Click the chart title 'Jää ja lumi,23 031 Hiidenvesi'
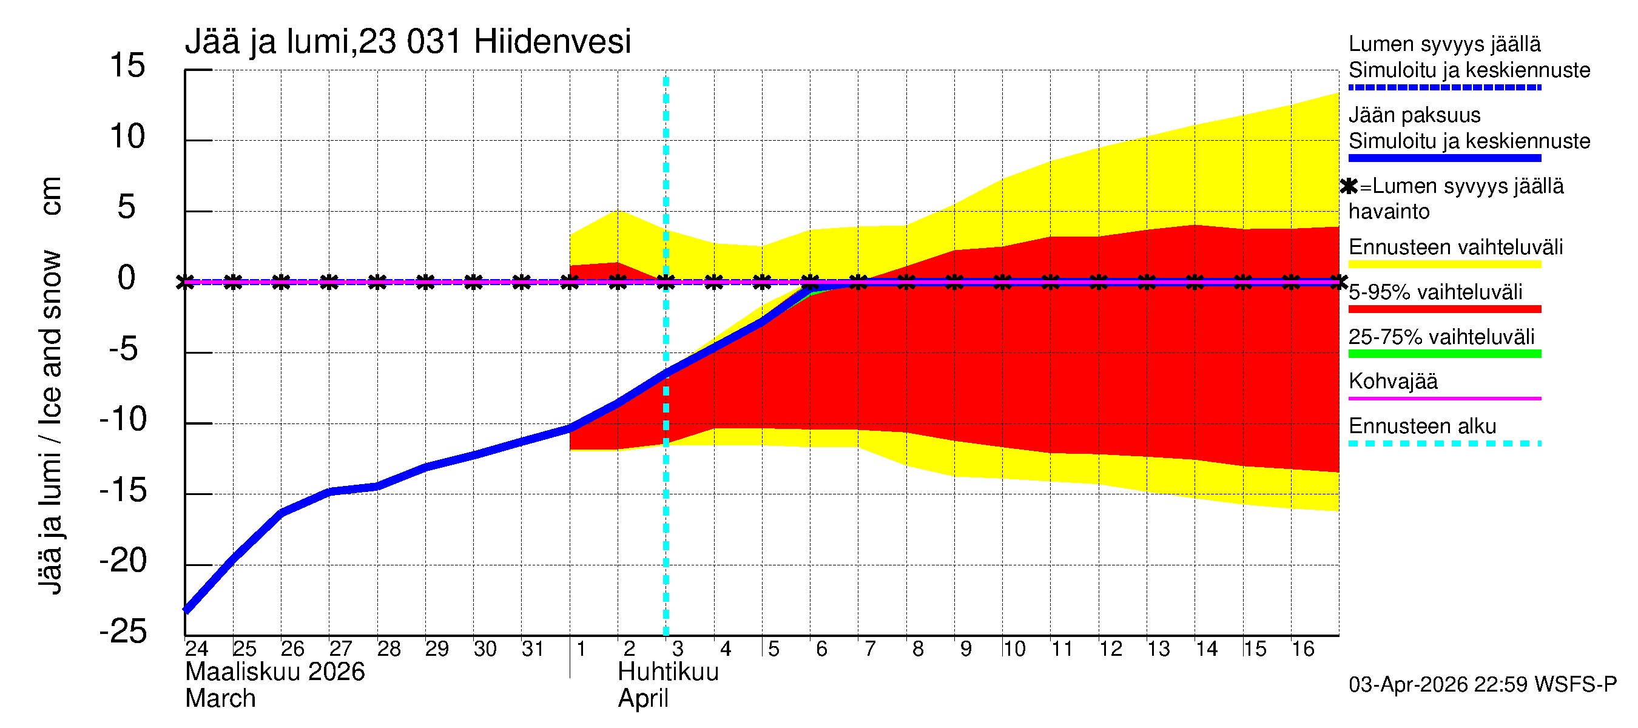pos(408,42)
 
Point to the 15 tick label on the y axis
pos(127,66)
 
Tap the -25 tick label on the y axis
pos(123,632)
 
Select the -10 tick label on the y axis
pos(123,419)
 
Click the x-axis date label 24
pos(197,649)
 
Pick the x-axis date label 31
pos(533,649)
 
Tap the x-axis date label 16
pos(1303,649)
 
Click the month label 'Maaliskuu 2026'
pos(275,672)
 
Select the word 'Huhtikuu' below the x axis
pos(668,672)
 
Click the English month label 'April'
pos(643,699)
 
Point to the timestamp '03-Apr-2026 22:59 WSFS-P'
pos(1482,685)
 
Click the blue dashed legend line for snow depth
pos(1444,87)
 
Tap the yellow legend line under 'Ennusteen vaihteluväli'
pos(1444,264)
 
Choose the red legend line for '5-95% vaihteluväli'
pos(1444,309)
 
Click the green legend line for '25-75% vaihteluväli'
pos(1444,354)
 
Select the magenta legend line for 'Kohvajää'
pos(1444,398)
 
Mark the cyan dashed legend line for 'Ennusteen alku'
pos(1444,443)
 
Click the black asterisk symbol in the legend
pos(1349,186)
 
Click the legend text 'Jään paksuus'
pos(1414,115)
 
